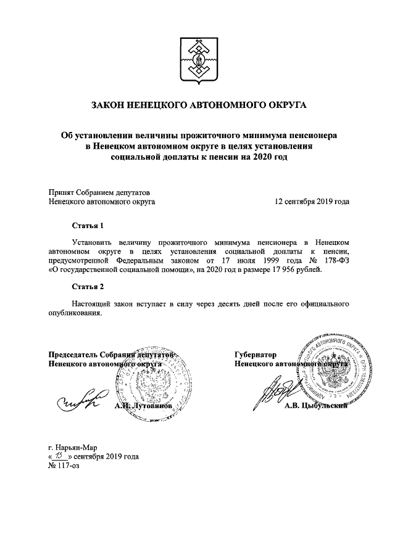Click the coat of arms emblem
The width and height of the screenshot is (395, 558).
[x=198, y=59]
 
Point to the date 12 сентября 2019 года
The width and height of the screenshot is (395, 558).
[x=312, y=201]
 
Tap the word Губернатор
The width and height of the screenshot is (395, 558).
[x=254, y=355]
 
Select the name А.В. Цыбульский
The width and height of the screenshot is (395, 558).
[x=317, y=406]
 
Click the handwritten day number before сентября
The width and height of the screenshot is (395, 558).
[x=59, y=456]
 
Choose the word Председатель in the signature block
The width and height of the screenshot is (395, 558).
[x=73, y=355]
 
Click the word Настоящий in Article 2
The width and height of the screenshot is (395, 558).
[x=92, y=303]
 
